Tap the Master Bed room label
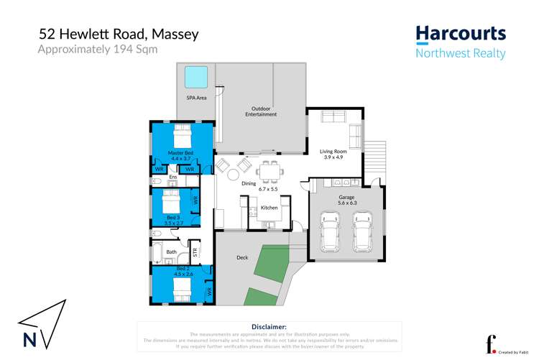click(180, 152)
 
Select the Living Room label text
click(333, 152)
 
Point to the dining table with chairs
click(269, 172)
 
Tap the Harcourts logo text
click(461, 33)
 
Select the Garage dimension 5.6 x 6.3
click(347, 203)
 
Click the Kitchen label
click(269, 208)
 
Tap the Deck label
click(242, 257)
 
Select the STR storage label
click(194, 251)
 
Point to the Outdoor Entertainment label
click(260, 111)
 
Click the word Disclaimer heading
click(269, 327)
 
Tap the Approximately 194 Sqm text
click(97, 50)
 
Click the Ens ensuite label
click(172, 177)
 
